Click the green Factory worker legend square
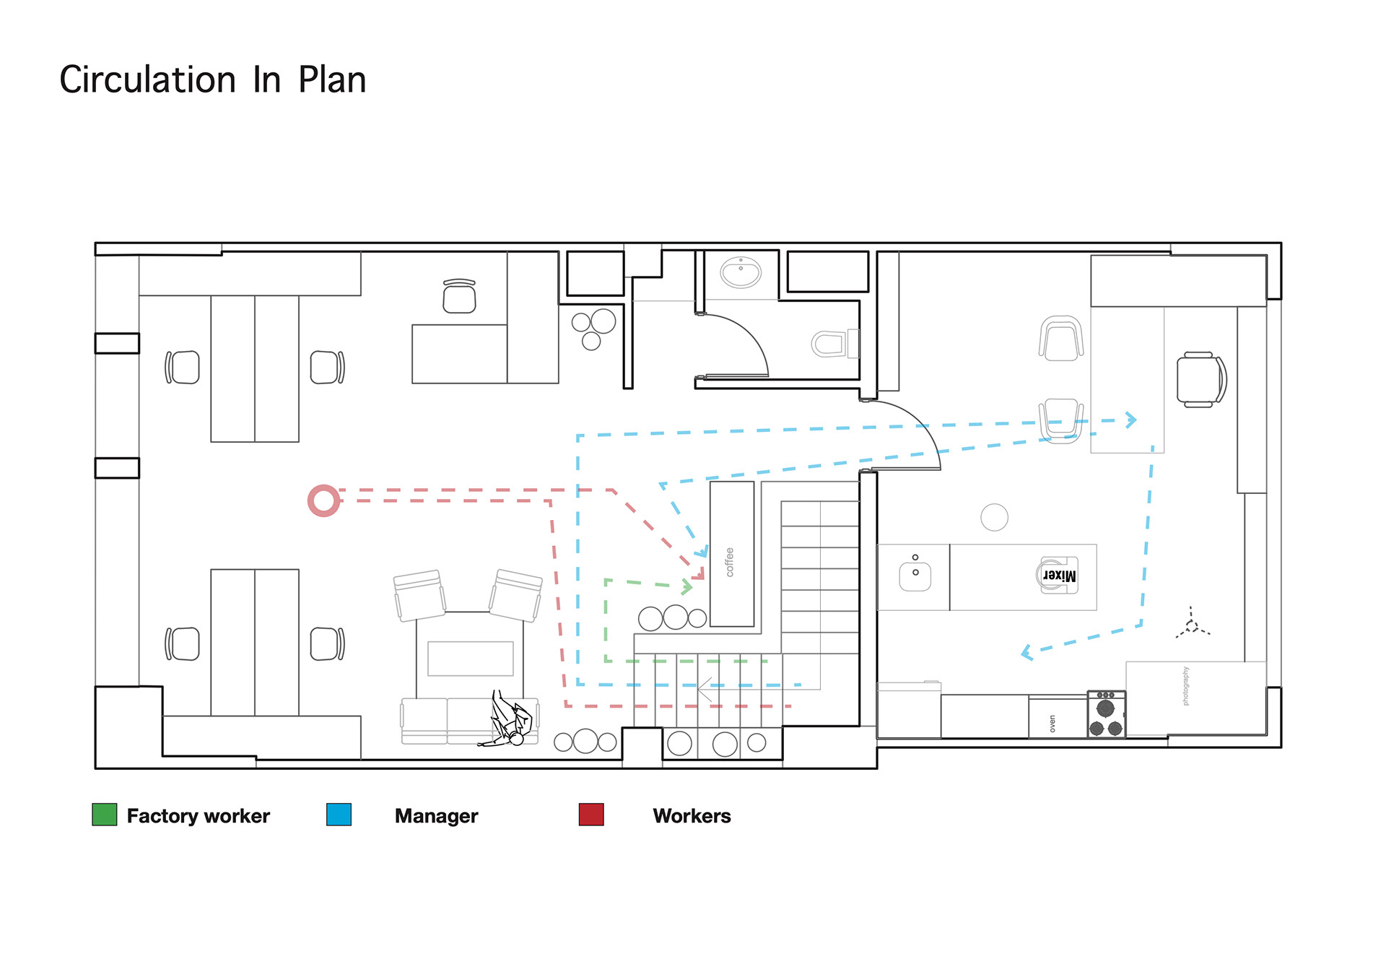(105, 815)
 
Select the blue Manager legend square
(339, 815)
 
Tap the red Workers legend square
(591, 815)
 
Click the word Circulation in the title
(148, 79)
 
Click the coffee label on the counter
(730, 562)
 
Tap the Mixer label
(1059, 576)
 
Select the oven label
(1052, 724)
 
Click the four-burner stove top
(1106, 714)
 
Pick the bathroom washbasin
(741, 272)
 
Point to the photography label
(1185, 686)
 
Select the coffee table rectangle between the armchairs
(471, 659)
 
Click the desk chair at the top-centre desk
(460, 296)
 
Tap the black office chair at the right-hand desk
(1201, 380)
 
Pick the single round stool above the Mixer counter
(994, 517)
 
